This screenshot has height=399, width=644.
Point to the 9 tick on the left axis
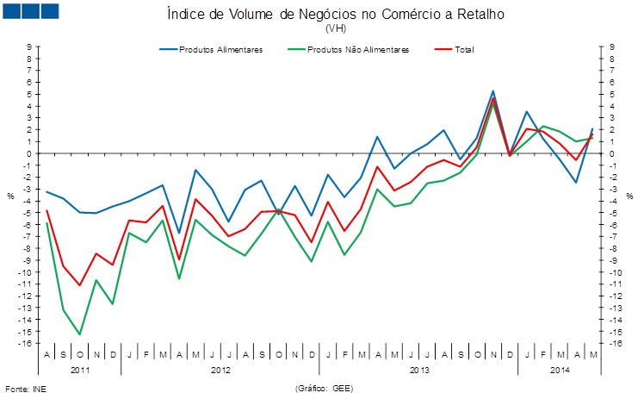[29, 47]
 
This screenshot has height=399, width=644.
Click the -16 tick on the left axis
[28, 344]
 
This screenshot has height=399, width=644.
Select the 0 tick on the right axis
[612, 153]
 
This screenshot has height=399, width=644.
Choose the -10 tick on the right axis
[615, 272]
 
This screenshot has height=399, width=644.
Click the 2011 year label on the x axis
[80, 370]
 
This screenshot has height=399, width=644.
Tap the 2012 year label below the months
[220, 370]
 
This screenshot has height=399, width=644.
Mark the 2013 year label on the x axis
[419, 370]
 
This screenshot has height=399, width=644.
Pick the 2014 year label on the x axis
[560, 370]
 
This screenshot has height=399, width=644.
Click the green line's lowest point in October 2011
[79, 334]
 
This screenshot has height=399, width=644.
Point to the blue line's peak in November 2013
[492, 90]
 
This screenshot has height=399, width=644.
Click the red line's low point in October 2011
[79, 285]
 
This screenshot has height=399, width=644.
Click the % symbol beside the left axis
[11, 196]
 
